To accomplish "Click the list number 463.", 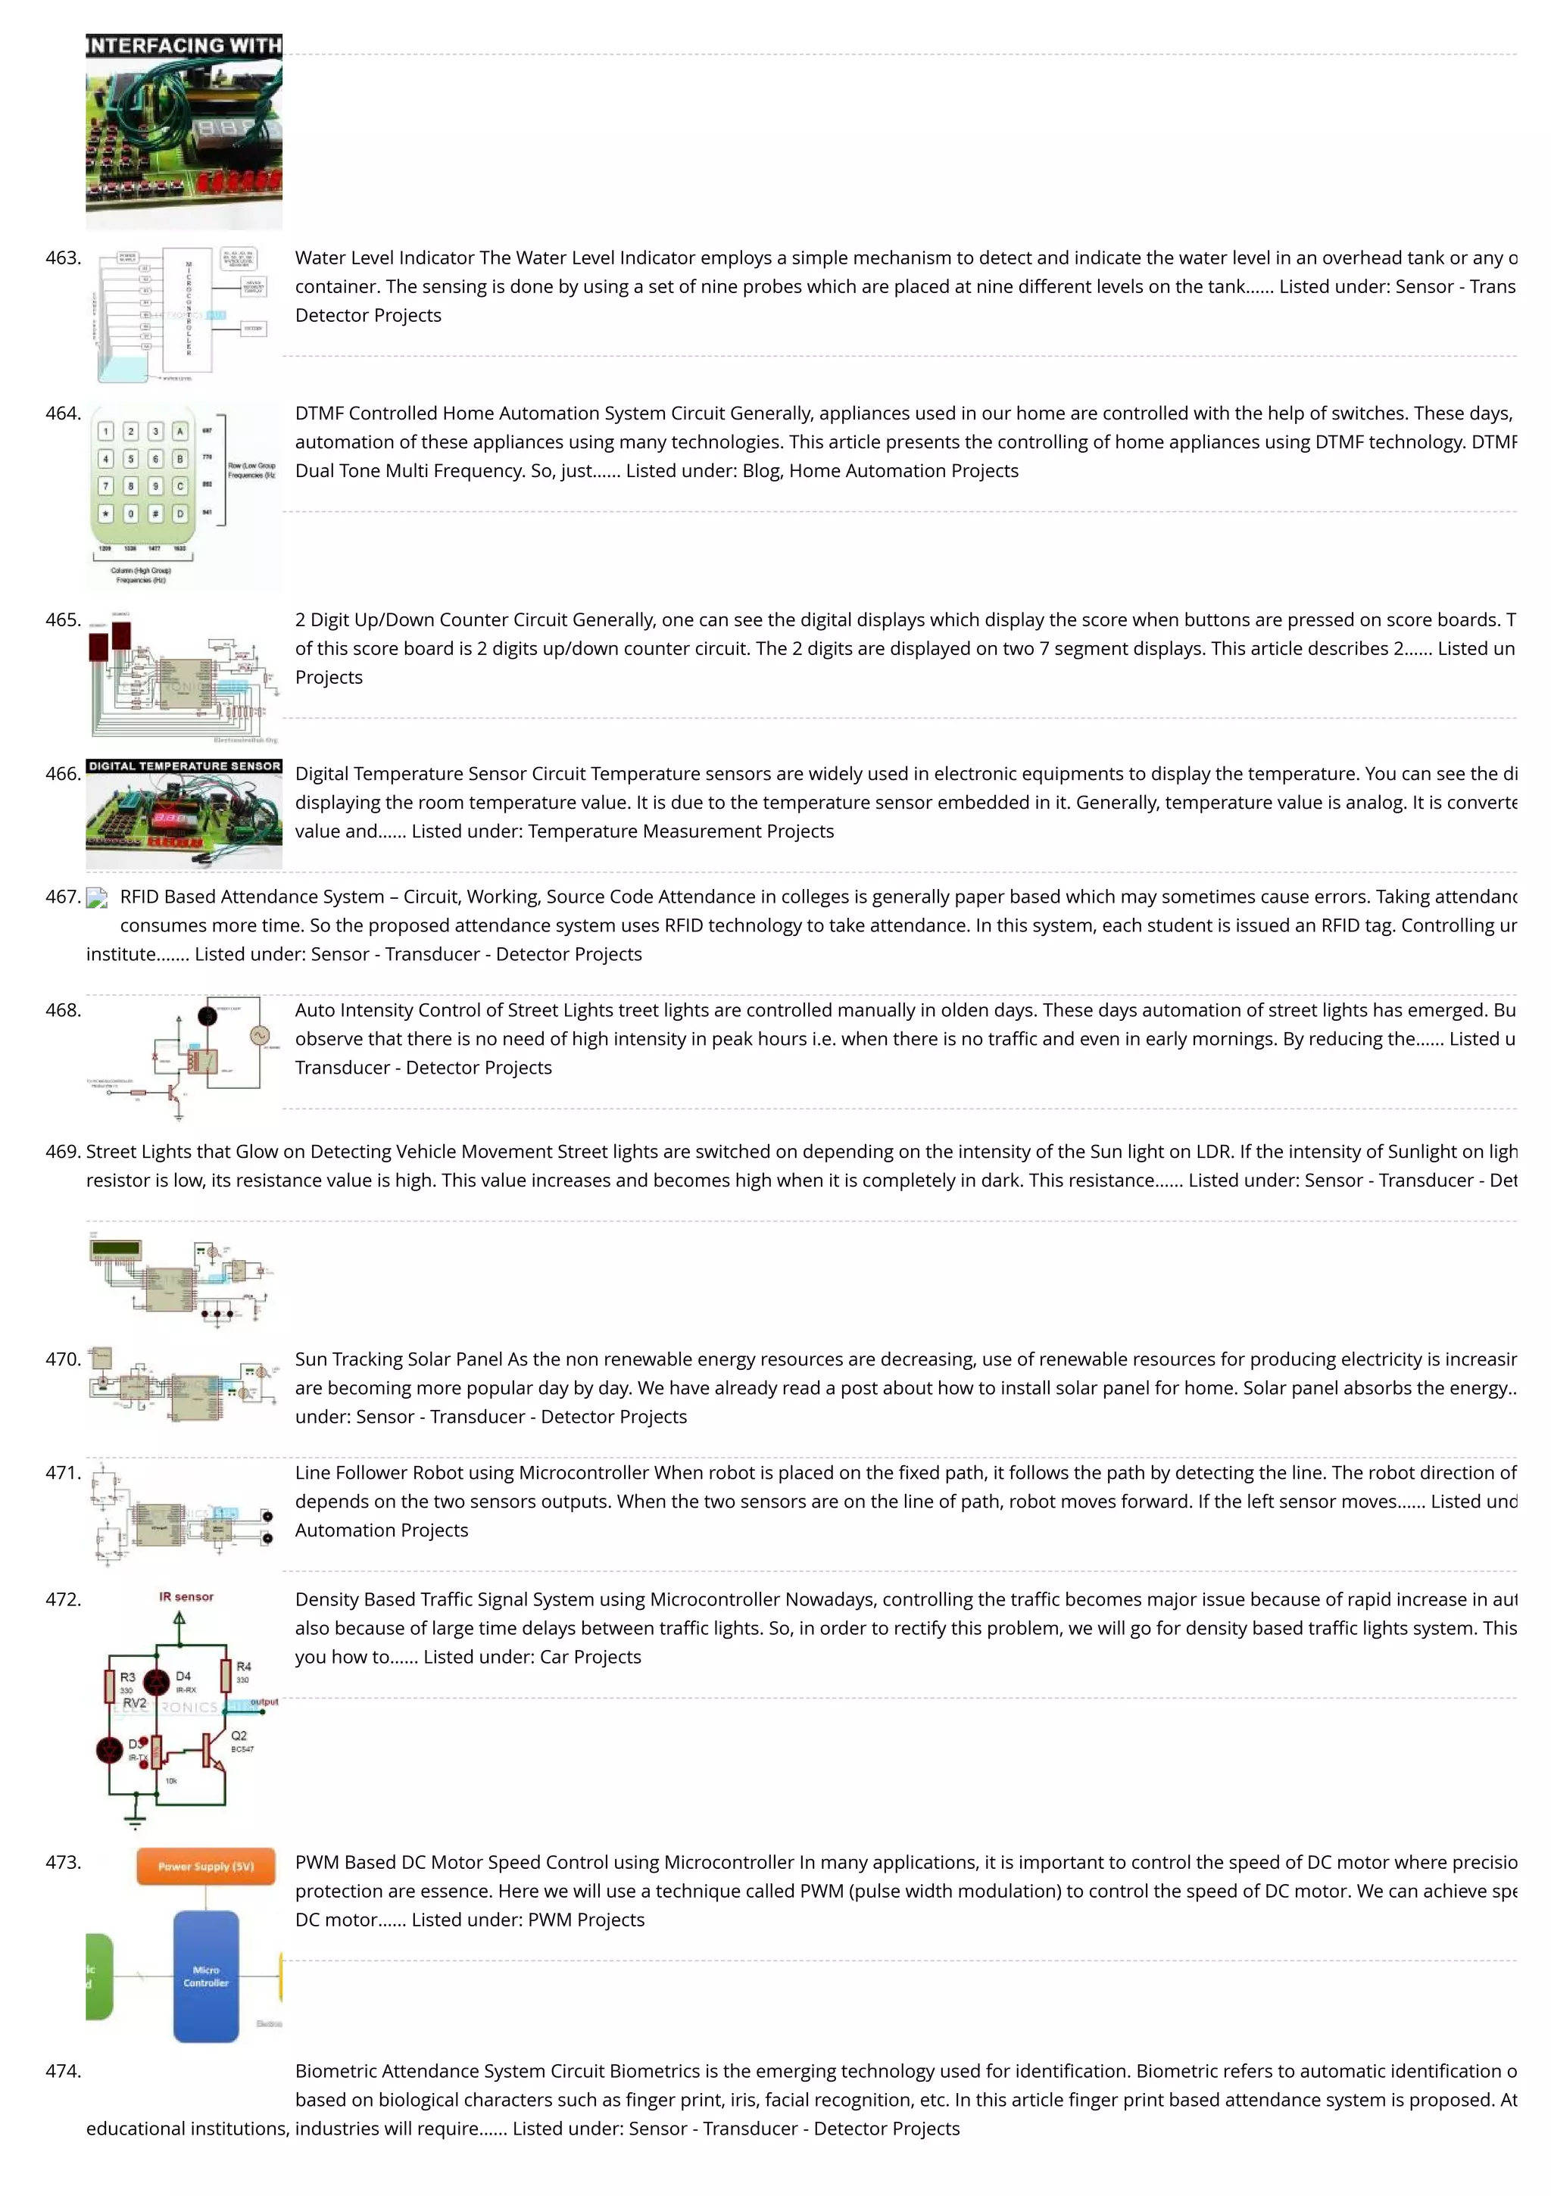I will (63, 258).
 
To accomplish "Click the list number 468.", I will (63, 1011).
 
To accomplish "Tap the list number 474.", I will (63, 2071).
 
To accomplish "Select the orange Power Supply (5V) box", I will (206, 1866).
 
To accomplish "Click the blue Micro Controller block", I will (206, 1976).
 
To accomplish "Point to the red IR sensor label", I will (186, 1596).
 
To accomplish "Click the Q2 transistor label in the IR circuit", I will (239, 1735).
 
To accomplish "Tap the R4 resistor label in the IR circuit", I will (243, 1666).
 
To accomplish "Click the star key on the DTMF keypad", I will (106, 513).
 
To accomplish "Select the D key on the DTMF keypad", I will (179, 513).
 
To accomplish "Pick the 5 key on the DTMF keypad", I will (131, 459).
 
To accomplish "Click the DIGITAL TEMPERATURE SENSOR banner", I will (184, 766).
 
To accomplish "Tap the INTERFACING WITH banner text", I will (184, 45).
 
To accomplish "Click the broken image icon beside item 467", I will (97, 898).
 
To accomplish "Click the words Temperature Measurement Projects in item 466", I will (680, 832).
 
